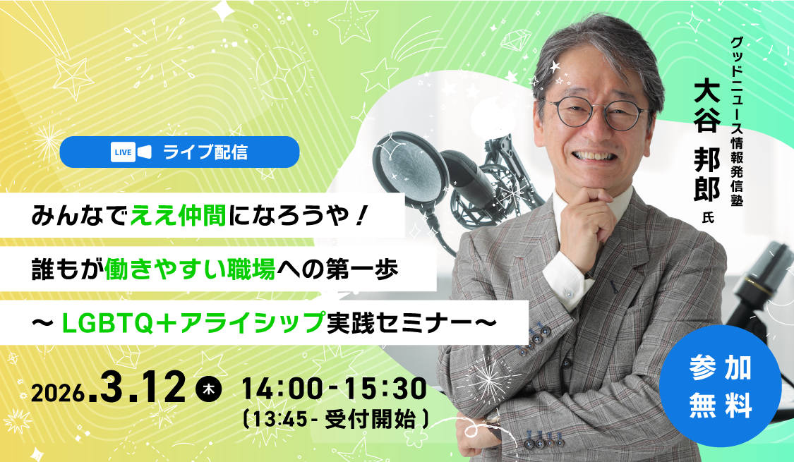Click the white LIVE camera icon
pyautogui.click(x=131, y=152)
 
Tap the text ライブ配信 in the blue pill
pyautogui.click(x=205, y=152)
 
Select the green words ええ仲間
pyautogui.click(x=179, y=216)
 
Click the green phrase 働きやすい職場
pyautogui.click(x=190, y=269)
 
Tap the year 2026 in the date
pyautogui.click(x=58, y=393)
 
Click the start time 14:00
pyautogui.click(x=282, y=389)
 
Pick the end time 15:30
pyautogui.click(x=385, y=389)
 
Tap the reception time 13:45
pyautogui.click(x=280, y=420)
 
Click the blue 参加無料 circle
pyautogui.click(x=720, y=386)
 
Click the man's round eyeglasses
pyautogui.click(x=599, y=112)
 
